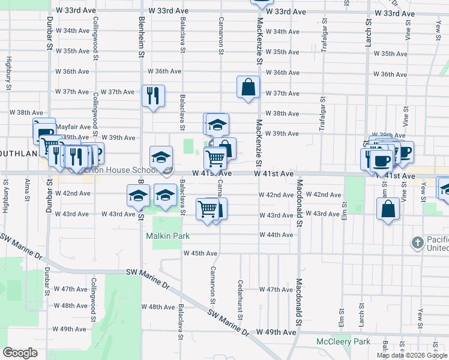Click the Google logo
click(x=20, y=353)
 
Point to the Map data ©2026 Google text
click(x=412, y=355)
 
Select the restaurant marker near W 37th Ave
click(x=152, y=95)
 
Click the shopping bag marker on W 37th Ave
click(x=248, y=87)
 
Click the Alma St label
click(x=27, y=191)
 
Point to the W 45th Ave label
click(x=200, y=253)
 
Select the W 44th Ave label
click(x=276, y=234)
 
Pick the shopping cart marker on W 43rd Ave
click(x=207, y=209)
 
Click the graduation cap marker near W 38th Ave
click(x=217, y=124)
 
